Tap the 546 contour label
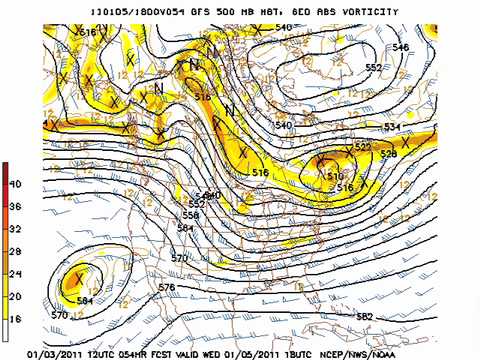(401, 47)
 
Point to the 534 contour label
(391, 127)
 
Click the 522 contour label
(362, 147)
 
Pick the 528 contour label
(388, 154)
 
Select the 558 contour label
(190, 215)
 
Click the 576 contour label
(166, 287)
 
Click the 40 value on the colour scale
(14, 184)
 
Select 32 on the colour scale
(14, 228)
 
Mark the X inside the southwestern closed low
(78, 279)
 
